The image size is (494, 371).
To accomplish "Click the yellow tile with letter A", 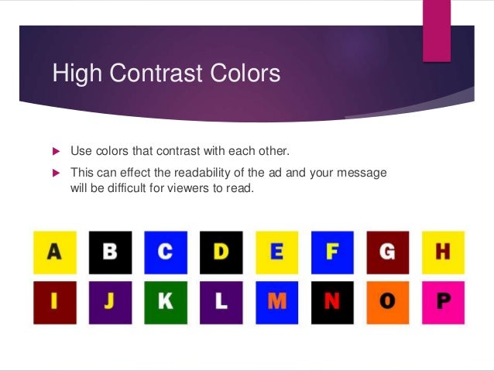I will coord(54,252).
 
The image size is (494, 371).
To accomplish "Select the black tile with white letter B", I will coord(110,252).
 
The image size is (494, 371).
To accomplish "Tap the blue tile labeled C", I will coord(166,252).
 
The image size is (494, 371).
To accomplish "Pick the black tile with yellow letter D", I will coord(221,252).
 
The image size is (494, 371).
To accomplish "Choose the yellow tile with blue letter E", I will coord(276,252).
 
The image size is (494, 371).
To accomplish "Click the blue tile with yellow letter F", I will coord(332,252).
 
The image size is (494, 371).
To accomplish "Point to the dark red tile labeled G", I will coord(387,252).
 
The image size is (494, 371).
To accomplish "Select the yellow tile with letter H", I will coord(443,252).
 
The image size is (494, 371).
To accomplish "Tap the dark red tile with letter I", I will coord(54,302).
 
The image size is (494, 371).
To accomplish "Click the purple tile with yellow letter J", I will coord(110,302).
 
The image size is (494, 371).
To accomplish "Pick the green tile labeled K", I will coord(166,302).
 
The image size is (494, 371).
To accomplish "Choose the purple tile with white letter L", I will coord(221,302).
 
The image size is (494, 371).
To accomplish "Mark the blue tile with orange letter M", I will coord(276,302).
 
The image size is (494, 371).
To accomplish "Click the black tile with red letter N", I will coord(332,302).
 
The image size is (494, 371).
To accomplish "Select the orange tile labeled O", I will coord(387,302).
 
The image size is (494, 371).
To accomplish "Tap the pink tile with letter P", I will coord(443,302).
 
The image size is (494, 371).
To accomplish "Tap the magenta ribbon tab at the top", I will coord(437,29).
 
